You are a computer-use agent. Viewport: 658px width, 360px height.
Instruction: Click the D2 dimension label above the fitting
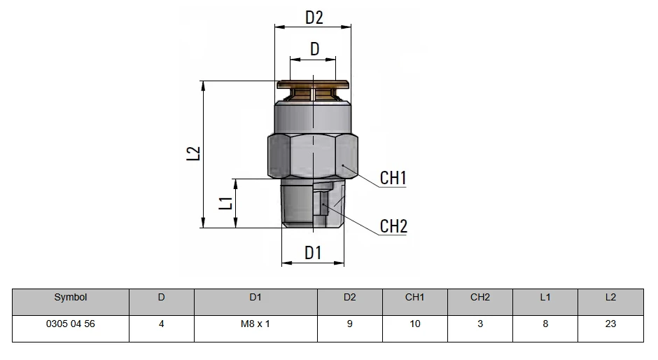(314, 18)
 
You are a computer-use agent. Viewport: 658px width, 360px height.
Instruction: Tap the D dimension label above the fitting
(315, 49)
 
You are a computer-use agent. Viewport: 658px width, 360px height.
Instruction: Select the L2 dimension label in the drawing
(193, 153)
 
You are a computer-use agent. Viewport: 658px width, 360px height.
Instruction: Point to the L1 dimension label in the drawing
(227, 203)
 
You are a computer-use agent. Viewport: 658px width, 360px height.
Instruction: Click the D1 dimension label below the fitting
(313, 253)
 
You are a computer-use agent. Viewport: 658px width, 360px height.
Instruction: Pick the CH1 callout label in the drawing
(393, 178)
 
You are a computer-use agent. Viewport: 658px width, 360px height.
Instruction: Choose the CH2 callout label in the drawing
(393, 226)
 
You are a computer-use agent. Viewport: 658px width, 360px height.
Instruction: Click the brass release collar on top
(313, 90)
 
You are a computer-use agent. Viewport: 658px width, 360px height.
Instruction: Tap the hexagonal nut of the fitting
(313, 156)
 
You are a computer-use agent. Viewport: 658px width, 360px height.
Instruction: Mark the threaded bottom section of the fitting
(313, 203)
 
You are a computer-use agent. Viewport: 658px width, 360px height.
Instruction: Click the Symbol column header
(71, 298)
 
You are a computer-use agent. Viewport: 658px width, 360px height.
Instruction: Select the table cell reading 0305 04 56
(71, 324)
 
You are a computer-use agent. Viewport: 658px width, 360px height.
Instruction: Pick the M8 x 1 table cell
(255, 324)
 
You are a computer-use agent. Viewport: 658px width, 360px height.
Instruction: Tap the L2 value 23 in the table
(610, 324)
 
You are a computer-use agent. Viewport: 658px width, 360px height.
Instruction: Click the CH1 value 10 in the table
(415, 324)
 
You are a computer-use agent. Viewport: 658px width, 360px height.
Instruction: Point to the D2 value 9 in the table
(349, 324)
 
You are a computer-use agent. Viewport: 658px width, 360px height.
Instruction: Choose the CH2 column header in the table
(480, 298)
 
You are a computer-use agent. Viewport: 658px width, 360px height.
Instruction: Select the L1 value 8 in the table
(545, 324)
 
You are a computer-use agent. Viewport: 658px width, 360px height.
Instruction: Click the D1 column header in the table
(255, 298)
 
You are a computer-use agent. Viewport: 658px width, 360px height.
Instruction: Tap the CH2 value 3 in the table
(480, 324)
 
